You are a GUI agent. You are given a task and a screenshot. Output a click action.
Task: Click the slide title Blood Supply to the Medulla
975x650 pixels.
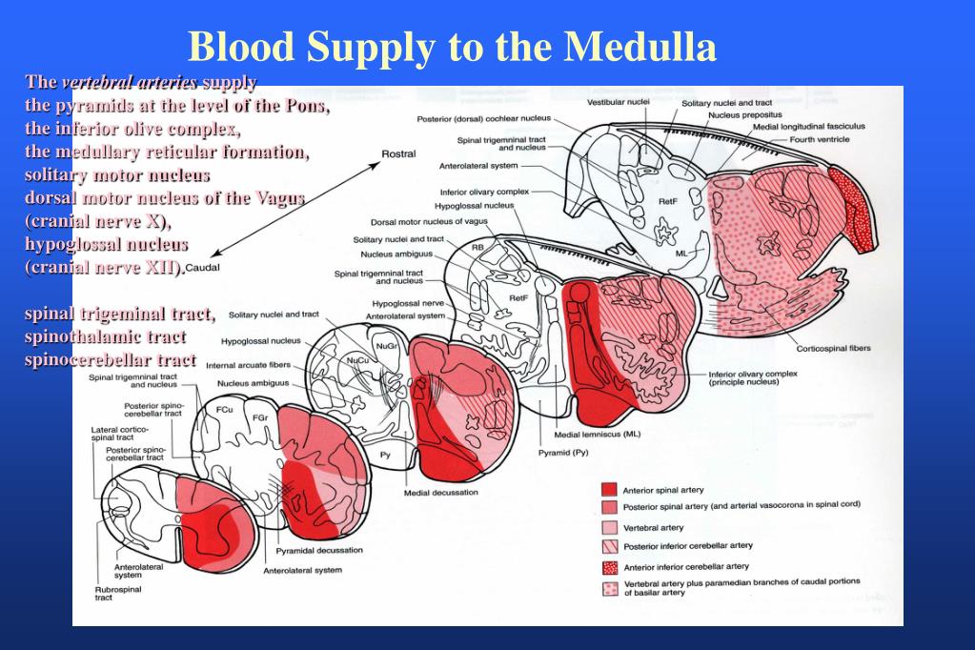451,46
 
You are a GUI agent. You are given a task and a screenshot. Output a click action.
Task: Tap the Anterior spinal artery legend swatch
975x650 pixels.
610,490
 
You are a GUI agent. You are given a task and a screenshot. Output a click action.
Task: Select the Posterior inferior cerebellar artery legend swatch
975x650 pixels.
610,546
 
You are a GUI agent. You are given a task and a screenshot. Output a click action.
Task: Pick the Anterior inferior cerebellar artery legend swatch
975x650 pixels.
610,566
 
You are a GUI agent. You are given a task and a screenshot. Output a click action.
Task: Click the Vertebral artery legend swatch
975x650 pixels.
610,527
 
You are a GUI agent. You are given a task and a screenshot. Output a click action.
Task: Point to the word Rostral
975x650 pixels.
398,154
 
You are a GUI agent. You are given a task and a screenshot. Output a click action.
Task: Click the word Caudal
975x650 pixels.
203,268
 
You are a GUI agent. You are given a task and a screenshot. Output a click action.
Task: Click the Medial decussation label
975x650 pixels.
441,493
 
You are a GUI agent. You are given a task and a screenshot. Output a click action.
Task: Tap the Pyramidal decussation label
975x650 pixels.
319,551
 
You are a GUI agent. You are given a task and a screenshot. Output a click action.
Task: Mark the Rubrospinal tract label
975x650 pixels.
118,594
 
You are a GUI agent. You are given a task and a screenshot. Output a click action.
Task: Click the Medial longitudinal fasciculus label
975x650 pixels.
809,126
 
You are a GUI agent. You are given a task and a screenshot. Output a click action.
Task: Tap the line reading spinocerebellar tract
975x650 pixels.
111,359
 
